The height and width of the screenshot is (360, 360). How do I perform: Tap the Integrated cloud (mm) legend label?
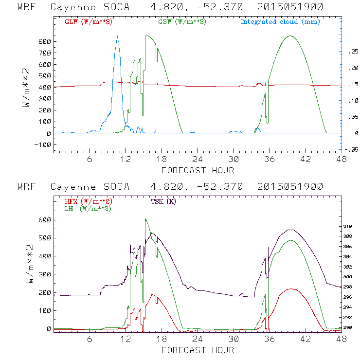click(280, 22)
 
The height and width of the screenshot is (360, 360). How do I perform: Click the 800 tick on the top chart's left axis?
click(45, 42)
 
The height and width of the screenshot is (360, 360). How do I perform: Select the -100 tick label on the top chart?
click(42, 144)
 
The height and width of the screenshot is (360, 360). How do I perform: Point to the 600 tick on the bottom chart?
click(45, 220)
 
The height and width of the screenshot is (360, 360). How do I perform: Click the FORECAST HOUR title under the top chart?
click(198, 170)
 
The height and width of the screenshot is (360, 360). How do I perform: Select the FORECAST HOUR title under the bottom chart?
click(198, 350)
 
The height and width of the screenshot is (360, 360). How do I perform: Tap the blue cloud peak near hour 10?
click(117, 36)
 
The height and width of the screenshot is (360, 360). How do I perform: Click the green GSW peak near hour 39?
click(290, 36)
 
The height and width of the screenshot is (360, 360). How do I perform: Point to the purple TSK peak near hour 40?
click(291, 230)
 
